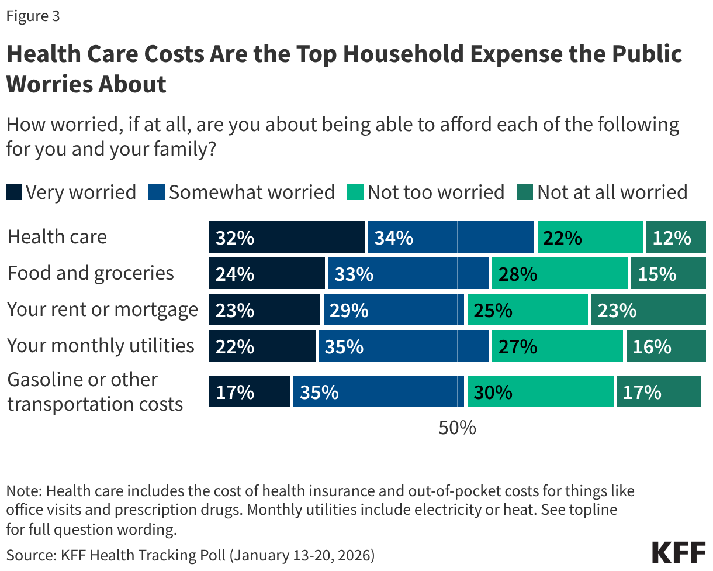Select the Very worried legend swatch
coord(14,192)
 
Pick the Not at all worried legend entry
coord(603,192)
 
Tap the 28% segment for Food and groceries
coord(559,273)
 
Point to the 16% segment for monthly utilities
coord(666,346)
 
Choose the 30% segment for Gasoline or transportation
coord(540,391)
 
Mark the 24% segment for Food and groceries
coord(266,273)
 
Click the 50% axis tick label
coord(457,428)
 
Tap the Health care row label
coord(57,237)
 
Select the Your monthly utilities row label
coord(101,346)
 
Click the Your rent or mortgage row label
coord(102,309)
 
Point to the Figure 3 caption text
coord(33,16)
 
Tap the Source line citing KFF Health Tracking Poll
coord(191,555)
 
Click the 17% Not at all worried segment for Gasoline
coord(659,391)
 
